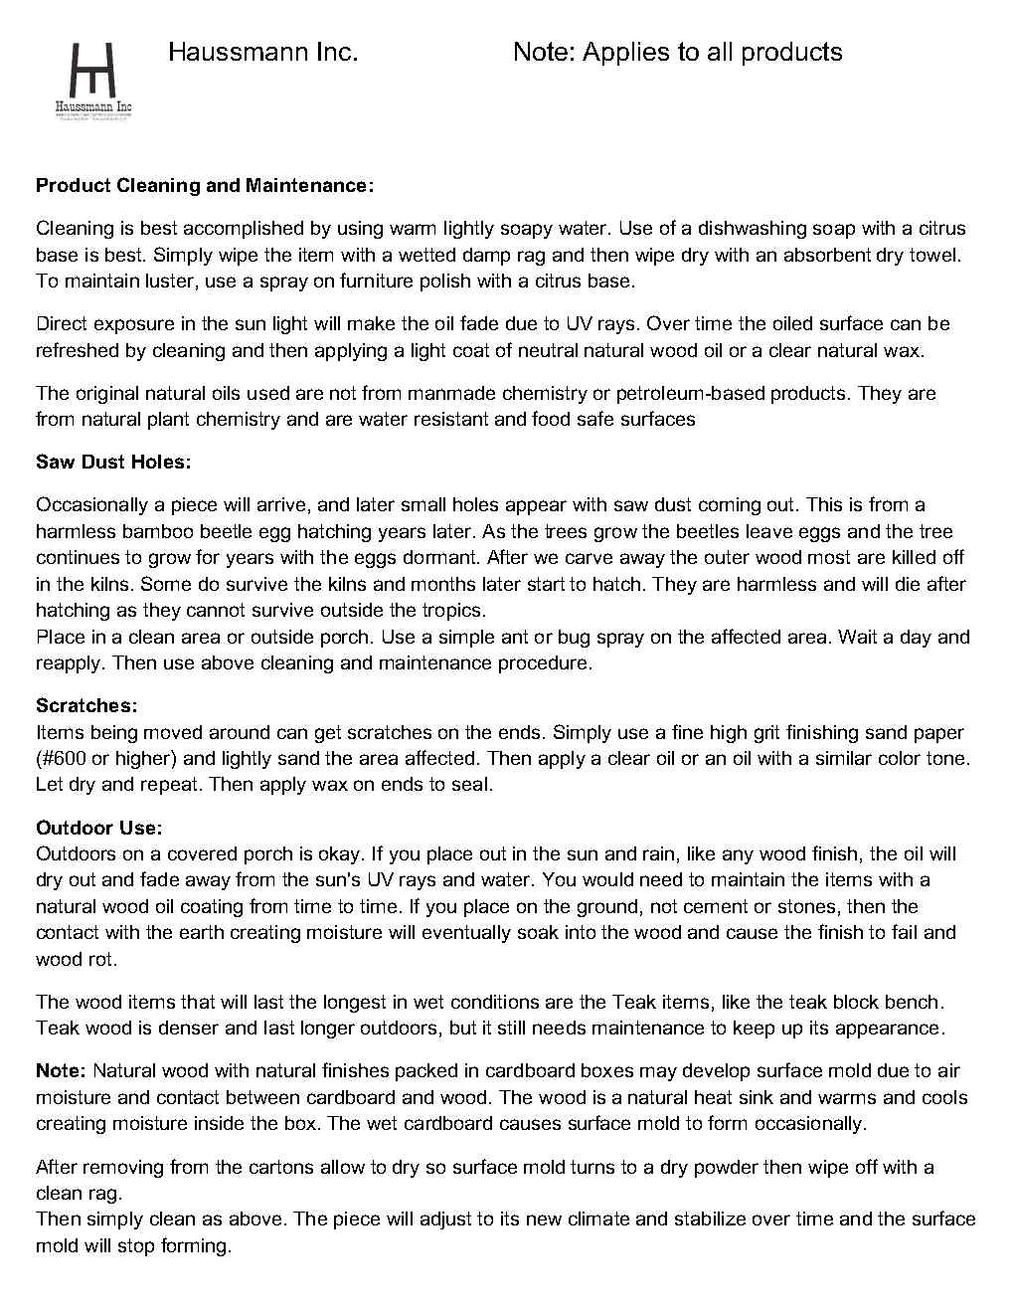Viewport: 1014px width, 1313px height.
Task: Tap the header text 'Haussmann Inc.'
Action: [x=262, y=53]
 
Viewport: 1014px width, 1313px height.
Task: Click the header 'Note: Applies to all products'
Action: [x=677, y=53]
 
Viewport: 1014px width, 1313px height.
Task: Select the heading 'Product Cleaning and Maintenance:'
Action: [x=205, y=186]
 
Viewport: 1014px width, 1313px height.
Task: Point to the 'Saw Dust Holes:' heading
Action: [x=113, y=463]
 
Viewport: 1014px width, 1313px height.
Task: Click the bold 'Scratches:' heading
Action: [x=86, y=706]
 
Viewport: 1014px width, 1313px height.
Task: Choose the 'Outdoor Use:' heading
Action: [x=99, y=828]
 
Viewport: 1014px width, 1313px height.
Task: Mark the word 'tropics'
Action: [x=455, y=611]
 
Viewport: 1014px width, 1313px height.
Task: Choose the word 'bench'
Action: [x=912, y=1003]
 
